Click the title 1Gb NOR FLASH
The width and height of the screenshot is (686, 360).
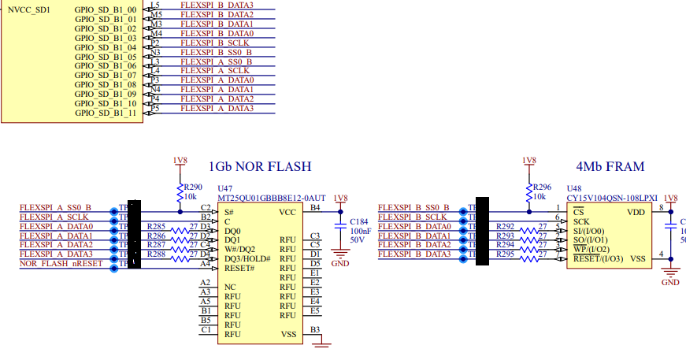click(x=259, y=167)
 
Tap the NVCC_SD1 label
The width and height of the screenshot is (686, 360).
click(x=29, y=9)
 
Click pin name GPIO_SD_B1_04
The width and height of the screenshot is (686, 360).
click(x=106, y=47)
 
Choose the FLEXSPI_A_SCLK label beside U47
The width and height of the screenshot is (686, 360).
click(x=54, y=217)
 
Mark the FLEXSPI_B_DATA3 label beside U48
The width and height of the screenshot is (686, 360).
click(x=414, y=254)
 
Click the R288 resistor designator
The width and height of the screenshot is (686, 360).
click(x=156, y=254)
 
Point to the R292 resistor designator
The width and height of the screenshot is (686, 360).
click(x=505, y=226)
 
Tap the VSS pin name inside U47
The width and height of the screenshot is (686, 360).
click(x=289, y=334)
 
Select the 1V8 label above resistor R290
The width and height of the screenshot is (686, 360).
click(x=180, y=160)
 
